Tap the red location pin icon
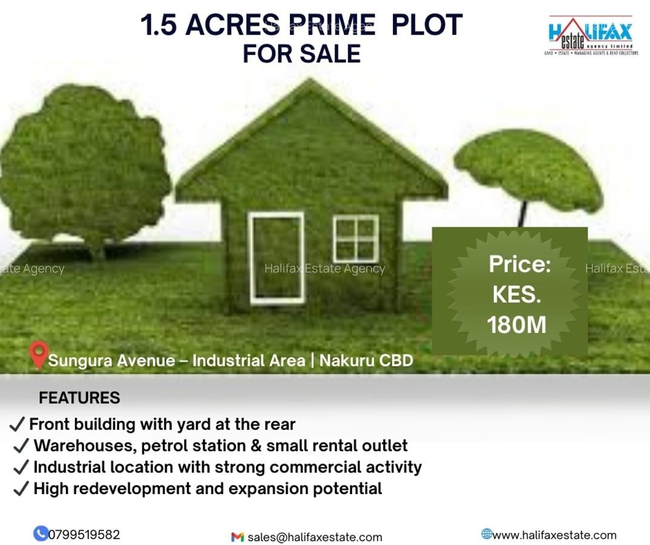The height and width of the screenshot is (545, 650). coord(39,354)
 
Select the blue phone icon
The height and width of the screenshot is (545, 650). coord(41,533)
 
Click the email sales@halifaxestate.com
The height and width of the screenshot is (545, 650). coord(315,537)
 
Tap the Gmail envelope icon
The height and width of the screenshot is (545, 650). coord(237,537)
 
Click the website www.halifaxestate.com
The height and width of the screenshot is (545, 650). coord(554,535)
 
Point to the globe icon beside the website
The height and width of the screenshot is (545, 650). coord(486,533)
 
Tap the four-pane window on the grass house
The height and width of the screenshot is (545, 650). coord(356,238)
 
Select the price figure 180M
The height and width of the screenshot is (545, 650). coord(516,325)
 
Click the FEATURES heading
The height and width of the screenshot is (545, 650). coord(79,398)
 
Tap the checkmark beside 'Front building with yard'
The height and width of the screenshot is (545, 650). coord(18,424)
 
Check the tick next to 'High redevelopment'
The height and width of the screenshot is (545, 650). coord(21,489)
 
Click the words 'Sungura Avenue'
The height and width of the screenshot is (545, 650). coord(111,361)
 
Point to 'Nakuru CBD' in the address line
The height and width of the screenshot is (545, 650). coord(366,361)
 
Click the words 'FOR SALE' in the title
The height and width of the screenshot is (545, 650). coord(301,53)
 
